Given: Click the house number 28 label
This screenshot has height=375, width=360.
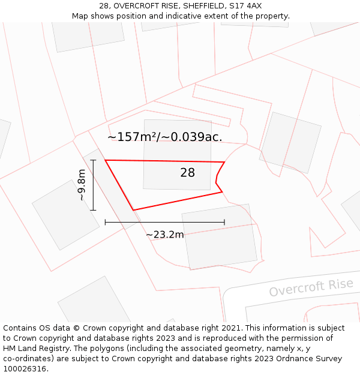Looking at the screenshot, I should click(x=187, y=173).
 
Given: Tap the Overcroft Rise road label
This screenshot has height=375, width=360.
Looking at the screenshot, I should click(x=311, y=287).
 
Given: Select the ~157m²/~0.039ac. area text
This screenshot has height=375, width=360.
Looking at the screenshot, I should click(x=165, y=137).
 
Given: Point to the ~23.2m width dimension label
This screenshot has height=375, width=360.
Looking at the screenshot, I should click(x=164, y=235).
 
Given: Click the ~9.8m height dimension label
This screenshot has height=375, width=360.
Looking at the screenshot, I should click(x=82, y=185).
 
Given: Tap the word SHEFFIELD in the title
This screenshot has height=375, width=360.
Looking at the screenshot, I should click(x=195, y=5).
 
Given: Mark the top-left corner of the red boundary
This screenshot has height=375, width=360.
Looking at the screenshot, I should click(x=106, y=160).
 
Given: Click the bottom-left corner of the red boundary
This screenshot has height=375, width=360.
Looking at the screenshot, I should click(x=133, y=210).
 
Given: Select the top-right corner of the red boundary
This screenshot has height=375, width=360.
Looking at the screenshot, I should click(x=224, y=162).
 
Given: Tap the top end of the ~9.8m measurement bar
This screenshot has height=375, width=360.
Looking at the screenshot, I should click(x=93, y=160).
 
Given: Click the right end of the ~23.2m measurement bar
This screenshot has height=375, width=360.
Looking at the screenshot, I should click(x=224, y=222).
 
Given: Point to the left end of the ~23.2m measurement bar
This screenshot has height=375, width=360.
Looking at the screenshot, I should click(x=106, y=222).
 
